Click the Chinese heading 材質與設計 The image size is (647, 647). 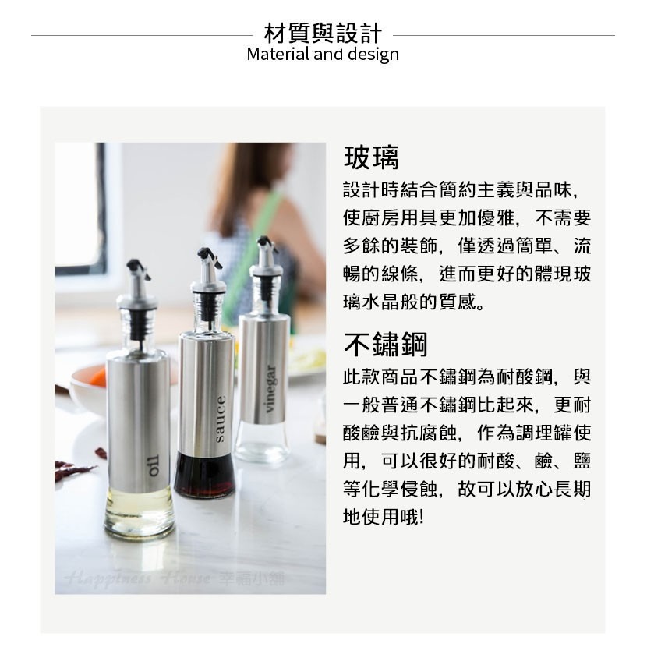point(323,34)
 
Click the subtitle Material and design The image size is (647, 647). point(323,55)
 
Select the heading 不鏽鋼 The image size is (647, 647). point(385,344)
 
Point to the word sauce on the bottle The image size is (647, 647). point(220,420)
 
